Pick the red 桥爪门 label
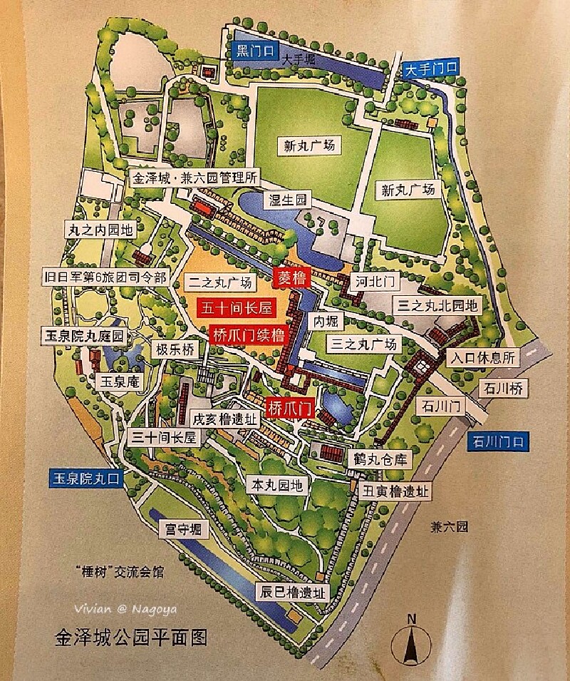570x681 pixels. pyautogui.click(x=289, y=409)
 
